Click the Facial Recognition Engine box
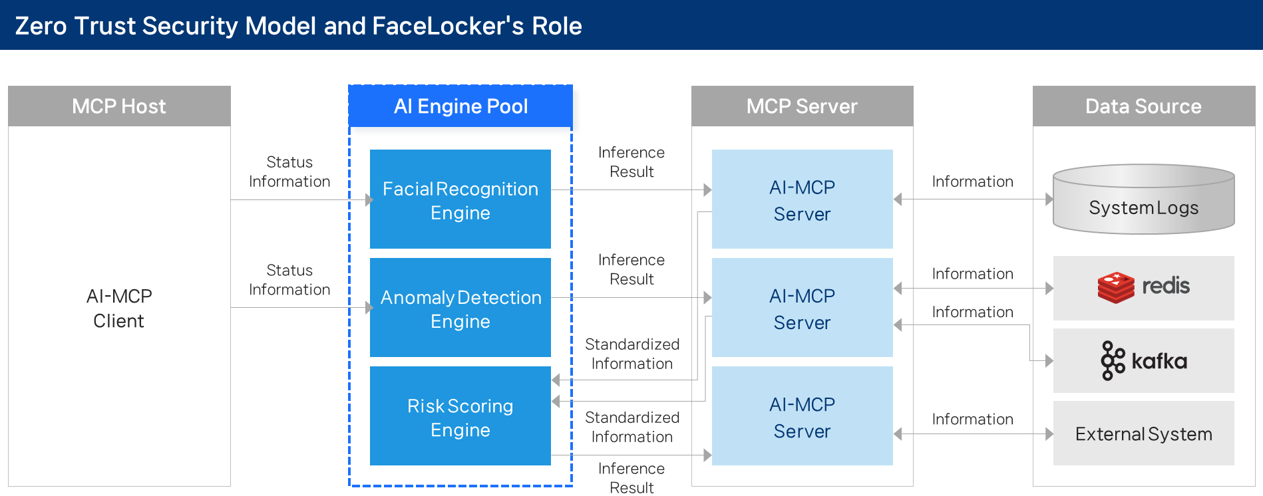460,199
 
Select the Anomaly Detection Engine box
460,308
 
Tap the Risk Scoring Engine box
460,416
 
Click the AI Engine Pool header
460,106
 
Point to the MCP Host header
119,106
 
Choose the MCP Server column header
802,106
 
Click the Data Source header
1143,106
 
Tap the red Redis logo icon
1116,287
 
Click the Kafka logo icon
1113,361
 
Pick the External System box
1143,434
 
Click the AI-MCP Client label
119,309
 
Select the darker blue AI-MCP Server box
802,416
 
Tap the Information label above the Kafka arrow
972,312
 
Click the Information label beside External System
972,420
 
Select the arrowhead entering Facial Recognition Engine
369,199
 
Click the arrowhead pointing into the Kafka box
1049,361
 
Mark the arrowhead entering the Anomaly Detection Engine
369,307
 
